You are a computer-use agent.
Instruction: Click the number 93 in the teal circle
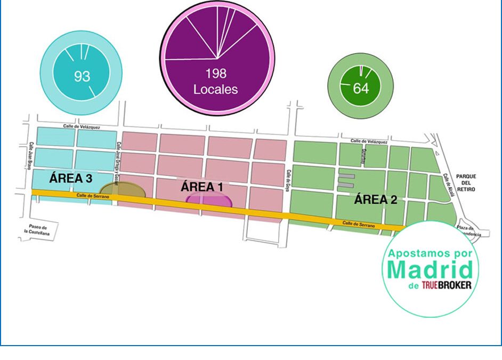pyautogui.click(x=82, y=76)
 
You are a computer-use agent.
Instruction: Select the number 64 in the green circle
pyautogui.click(x=361, y=88)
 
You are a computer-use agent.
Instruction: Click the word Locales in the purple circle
pyautogui.click(x=216, y=89)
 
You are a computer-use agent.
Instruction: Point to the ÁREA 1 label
pyautogui.click(x=201, y=187)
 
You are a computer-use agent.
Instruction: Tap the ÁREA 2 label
pyautogui.click(x=376, y=200)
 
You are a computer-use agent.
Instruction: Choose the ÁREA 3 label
pyautogui.click(x=69, y=179)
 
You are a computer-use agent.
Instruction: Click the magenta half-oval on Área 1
pyautogui.click(x=209, y=201)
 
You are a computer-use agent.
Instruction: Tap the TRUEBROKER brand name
pyautogui.click(x=446, y=285)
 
